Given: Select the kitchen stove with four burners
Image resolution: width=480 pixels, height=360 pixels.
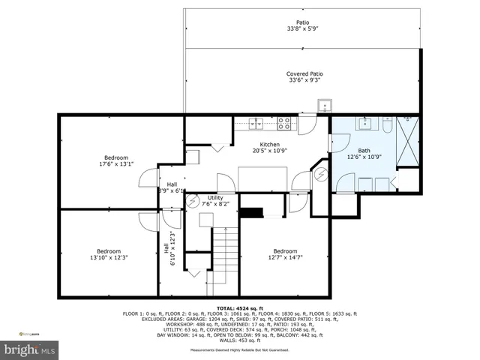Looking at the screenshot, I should tap(285, 121).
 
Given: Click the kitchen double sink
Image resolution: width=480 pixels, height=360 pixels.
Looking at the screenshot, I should tap(258, 123).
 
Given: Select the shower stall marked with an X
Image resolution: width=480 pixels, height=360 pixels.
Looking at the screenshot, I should tap(409, 142).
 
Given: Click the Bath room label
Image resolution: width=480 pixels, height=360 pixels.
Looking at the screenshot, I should tap(364, 151).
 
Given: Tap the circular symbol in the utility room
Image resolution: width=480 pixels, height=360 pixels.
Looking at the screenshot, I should tap(193, 201).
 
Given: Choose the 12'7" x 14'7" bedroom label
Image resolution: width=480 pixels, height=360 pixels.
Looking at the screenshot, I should tap(284, 251).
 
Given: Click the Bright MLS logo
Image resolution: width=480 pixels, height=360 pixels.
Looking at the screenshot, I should tap(30, 349).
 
